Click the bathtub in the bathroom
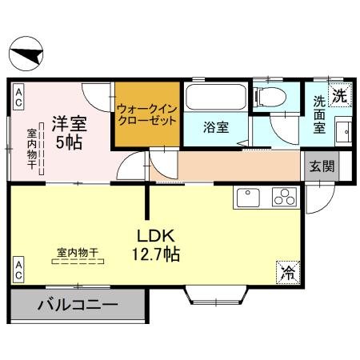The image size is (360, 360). click(x=214, y=98)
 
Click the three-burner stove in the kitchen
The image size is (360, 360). click(x=284, y=197)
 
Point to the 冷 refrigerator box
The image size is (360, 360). click(x=286, y=272)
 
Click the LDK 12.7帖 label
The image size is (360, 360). click(x=156, y=246)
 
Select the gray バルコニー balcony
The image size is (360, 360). click(x=77, y=305)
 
